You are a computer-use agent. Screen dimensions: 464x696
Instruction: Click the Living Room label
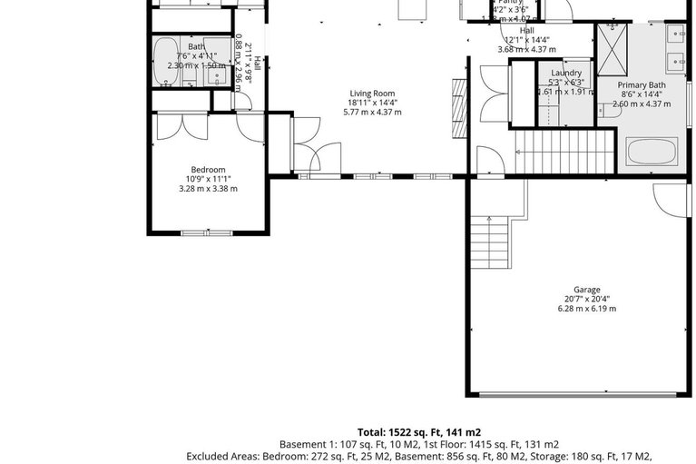pyautogui.click(x=372, y=93)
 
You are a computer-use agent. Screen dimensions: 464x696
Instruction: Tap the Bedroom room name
pyautogui.click(x=208, y=169)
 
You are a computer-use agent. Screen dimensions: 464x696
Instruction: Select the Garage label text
pyautogui.click(x=586, y=290)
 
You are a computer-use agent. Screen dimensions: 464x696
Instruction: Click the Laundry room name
pyautogui.click(x=565, y=72)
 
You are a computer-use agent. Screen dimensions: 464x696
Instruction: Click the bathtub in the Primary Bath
pyautogui.click(x=652, y=150)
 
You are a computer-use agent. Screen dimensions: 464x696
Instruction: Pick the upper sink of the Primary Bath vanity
pyautogui.click(x=677, y=35)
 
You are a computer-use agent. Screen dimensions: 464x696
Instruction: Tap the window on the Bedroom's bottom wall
pyautogui.click(x=208, y=233)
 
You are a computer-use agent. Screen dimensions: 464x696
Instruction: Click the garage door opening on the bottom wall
pyautogui.click(x=577, y=395)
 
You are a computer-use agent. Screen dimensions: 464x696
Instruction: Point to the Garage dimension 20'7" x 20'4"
pyautogui.click(x=586, y=299)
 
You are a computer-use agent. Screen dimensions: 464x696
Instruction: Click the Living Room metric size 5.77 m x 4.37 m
pyautogui.click(x=372, y=112)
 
